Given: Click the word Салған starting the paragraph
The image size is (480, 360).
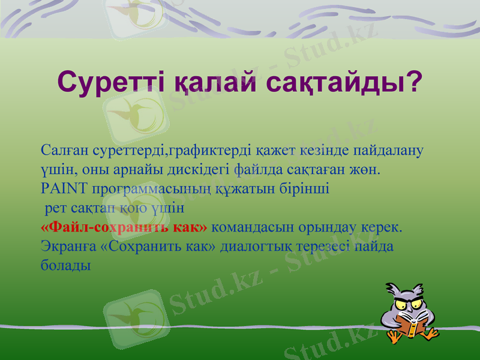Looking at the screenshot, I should pos(64,149).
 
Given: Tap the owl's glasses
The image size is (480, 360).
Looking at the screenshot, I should pos(410,304).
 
